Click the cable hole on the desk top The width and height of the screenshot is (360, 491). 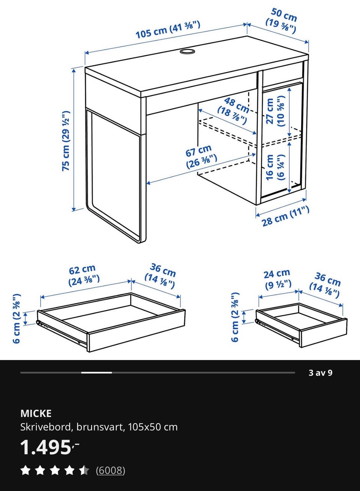coord(187,51)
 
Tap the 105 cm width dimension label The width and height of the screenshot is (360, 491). coord(168,30)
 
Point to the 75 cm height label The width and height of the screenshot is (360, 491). coord(66,141)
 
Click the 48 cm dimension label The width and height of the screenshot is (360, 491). coord(233,111)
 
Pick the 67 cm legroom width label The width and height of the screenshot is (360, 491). coord(201,156)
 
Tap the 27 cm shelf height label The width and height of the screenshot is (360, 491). coord(276,111)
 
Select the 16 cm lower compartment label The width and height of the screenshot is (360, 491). coord(276,167)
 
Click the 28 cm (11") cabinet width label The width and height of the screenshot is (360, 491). coord(285,216)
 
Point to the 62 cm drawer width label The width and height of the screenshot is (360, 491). coord(84,276)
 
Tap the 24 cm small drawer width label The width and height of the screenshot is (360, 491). coord(277,279)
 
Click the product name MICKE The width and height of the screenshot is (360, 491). coord(36,414)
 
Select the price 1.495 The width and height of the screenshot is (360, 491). coord(50,447)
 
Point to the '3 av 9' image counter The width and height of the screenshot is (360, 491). coord(320,373)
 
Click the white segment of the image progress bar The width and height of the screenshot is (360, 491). coord(96,372)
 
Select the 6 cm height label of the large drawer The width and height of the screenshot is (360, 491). coord(17,318)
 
